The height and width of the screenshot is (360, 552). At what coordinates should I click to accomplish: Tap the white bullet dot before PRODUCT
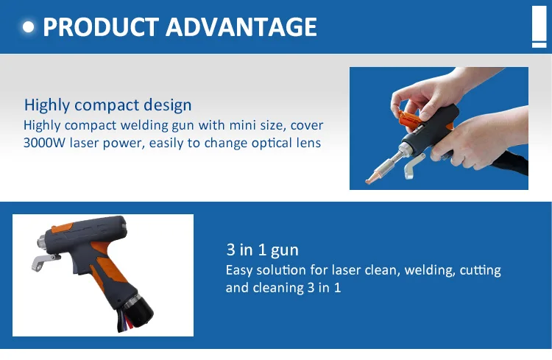point(29,27)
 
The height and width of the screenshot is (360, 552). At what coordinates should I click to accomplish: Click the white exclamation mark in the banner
point(538,25)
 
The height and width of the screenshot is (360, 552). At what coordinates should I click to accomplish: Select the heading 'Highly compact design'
point(107,105)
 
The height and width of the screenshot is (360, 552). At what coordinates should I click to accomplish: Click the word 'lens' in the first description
point(308,143)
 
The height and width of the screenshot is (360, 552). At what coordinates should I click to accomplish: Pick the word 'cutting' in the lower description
point(480,270)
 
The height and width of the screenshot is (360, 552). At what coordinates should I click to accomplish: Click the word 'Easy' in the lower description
point(239,270)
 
